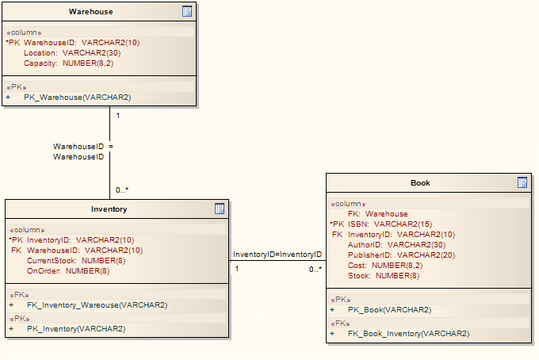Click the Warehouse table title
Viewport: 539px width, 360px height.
point(90,12)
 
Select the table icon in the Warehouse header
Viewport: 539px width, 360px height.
point(187,11)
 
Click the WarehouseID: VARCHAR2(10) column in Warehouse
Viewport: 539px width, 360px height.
point(81,43)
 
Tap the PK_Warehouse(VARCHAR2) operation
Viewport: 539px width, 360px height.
point(77,98)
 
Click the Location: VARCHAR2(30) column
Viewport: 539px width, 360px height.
point(71,52)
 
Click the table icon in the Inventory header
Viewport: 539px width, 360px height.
point(220,209)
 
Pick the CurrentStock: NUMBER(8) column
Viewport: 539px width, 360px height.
point(76,260)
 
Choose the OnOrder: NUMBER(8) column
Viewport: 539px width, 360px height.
point(68,270)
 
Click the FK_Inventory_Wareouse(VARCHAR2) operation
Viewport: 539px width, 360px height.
point(97,304)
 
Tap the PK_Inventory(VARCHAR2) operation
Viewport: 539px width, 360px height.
point(76,328)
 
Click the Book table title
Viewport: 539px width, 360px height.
point(420,183)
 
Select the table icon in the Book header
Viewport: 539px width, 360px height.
point(522,182)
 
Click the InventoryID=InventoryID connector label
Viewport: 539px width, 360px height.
point(277,255)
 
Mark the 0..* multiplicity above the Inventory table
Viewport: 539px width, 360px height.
point(121,190)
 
